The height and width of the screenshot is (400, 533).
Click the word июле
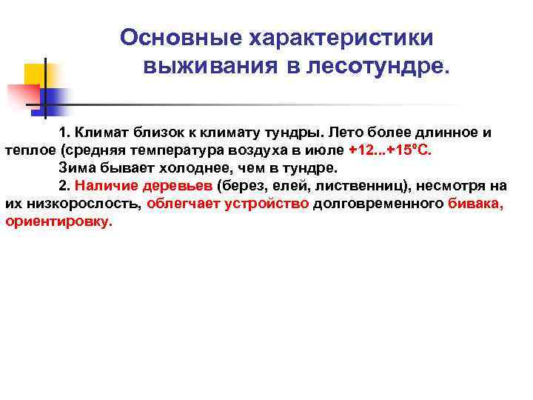(326, 150)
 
